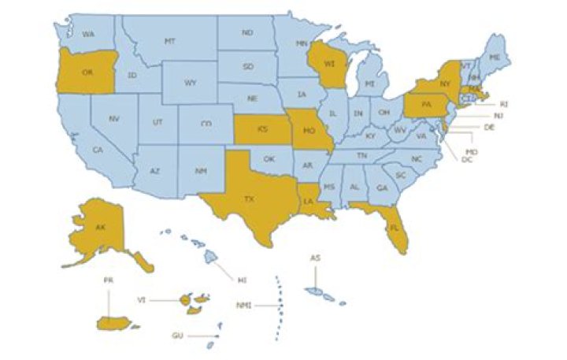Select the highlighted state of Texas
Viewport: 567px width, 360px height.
pyautogui.click(x=248, y=197)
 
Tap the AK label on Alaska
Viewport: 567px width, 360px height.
pyautogui.click(x=100, y=228)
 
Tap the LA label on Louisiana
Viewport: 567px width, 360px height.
pyautogui.click(x=309, y=202)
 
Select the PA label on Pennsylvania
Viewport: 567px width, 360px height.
pyautogui.click(x=425, y=104)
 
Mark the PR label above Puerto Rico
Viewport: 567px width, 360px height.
pyautogui.click(x=109, y=280)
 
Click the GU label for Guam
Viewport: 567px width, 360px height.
pyautogui.click(x=178, y=336)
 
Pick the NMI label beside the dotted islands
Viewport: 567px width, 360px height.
pyautogui.click(x=244, y=305)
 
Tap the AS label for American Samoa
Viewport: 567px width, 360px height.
pyautogui.click(x=314, y=258)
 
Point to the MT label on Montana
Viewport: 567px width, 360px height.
pyautogui.click(x=169, y=41)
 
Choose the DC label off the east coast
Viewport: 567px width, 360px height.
pyautogui.click(x=466, y=160)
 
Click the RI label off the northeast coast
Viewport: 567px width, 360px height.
pyautogui.click(x=505, y=104)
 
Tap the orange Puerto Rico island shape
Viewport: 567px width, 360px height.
pyautogui.click(x=114, y=322)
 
